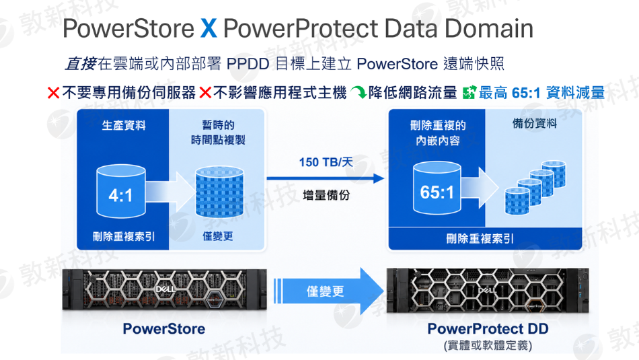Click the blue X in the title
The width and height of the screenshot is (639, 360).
click(209, 28)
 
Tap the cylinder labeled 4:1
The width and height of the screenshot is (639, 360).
click(121, 191)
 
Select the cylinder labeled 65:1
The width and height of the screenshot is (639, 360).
click(437, 188)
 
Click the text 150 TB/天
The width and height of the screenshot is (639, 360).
click(326, 162)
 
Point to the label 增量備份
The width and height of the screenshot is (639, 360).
click(326, 195)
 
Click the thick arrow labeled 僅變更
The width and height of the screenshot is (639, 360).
click(328, 291)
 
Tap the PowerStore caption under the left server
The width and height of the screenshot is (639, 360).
click(164, 328)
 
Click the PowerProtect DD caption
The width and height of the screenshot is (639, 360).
click(488, 328)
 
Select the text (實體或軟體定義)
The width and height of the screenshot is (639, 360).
click(488, 345)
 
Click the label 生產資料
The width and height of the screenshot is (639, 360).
click(124, 125)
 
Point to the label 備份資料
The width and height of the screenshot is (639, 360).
click(535, 124)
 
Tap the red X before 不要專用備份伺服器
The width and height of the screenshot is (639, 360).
click(53, 93)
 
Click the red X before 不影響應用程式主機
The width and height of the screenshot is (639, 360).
click(205, 93)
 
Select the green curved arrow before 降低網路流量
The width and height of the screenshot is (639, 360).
click(359, 93)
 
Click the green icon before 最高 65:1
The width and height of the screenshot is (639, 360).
click(469, 93)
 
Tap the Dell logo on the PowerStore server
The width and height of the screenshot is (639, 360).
click(165, 289)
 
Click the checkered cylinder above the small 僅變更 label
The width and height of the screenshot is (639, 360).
click(220, 192)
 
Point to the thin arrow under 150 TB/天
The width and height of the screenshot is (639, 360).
click(325, 178)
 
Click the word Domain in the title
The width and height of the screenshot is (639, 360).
click(488, 28)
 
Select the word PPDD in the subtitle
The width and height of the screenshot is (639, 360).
click(248, 64)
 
